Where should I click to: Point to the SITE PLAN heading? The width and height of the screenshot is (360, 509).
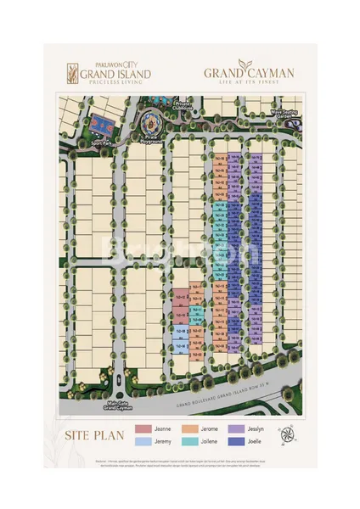[94, 437]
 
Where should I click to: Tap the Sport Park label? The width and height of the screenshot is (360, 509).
[100, 144]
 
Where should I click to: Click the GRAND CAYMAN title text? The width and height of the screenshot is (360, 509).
[249, 74]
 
